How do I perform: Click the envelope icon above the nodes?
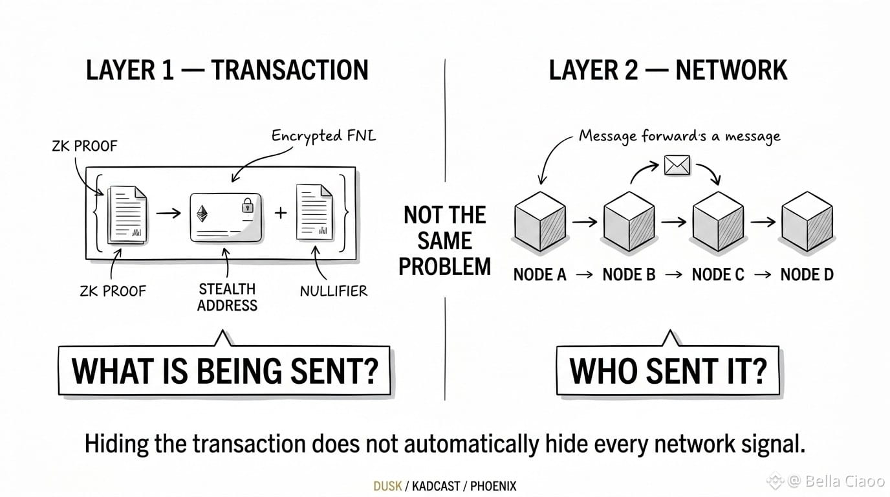(x=677, y=165)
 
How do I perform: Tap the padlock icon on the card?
(x=248, y=206)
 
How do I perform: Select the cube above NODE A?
(x=540, y=221)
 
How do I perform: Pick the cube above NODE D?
(x=807, y=221)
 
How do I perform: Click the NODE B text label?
(x=629, y=275)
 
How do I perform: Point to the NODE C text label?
(x=718, y=275)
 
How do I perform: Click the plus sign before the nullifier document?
(x=281, y=213)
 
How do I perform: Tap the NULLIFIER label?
(x=334, y=291)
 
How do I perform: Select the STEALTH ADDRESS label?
(x=227, y=297)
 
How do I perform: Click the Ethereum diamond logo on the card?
(x=202, y=214)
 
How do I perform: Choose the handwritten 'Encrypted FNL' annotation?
(x=323, y=136)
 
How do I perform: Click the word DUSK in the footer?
(x=387, y=486)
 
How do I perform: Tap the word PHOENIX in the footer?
(x=493, y=486)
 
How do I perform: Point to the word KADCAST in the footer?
(x=436, y=486)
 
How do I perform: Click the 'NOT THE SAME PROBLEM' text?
(x=445, y=241)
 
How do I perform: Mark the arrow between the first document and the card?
(x=168, y=214)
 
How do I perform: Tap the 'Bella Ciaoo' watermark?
(x=838, y=481)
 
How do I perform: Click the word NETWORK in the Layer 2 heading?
(x=732, y=70)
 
